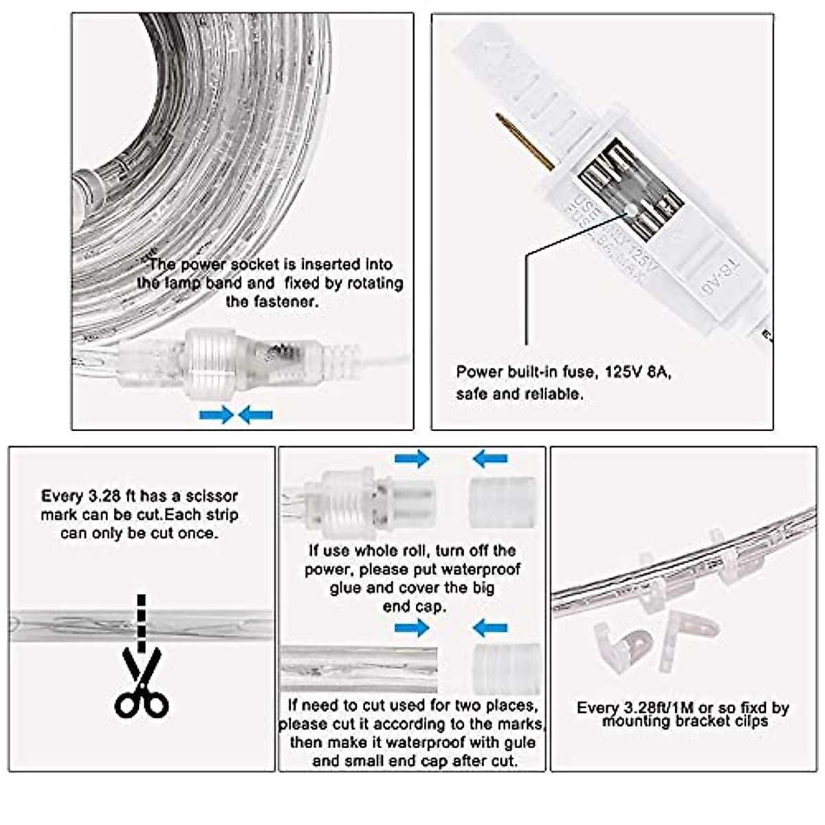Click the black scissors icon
click(x=142, y=684)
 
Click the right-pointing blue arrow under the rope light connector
click(x=216, y=415)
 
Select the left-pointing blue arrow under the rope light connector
click(x=256, y=415)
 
